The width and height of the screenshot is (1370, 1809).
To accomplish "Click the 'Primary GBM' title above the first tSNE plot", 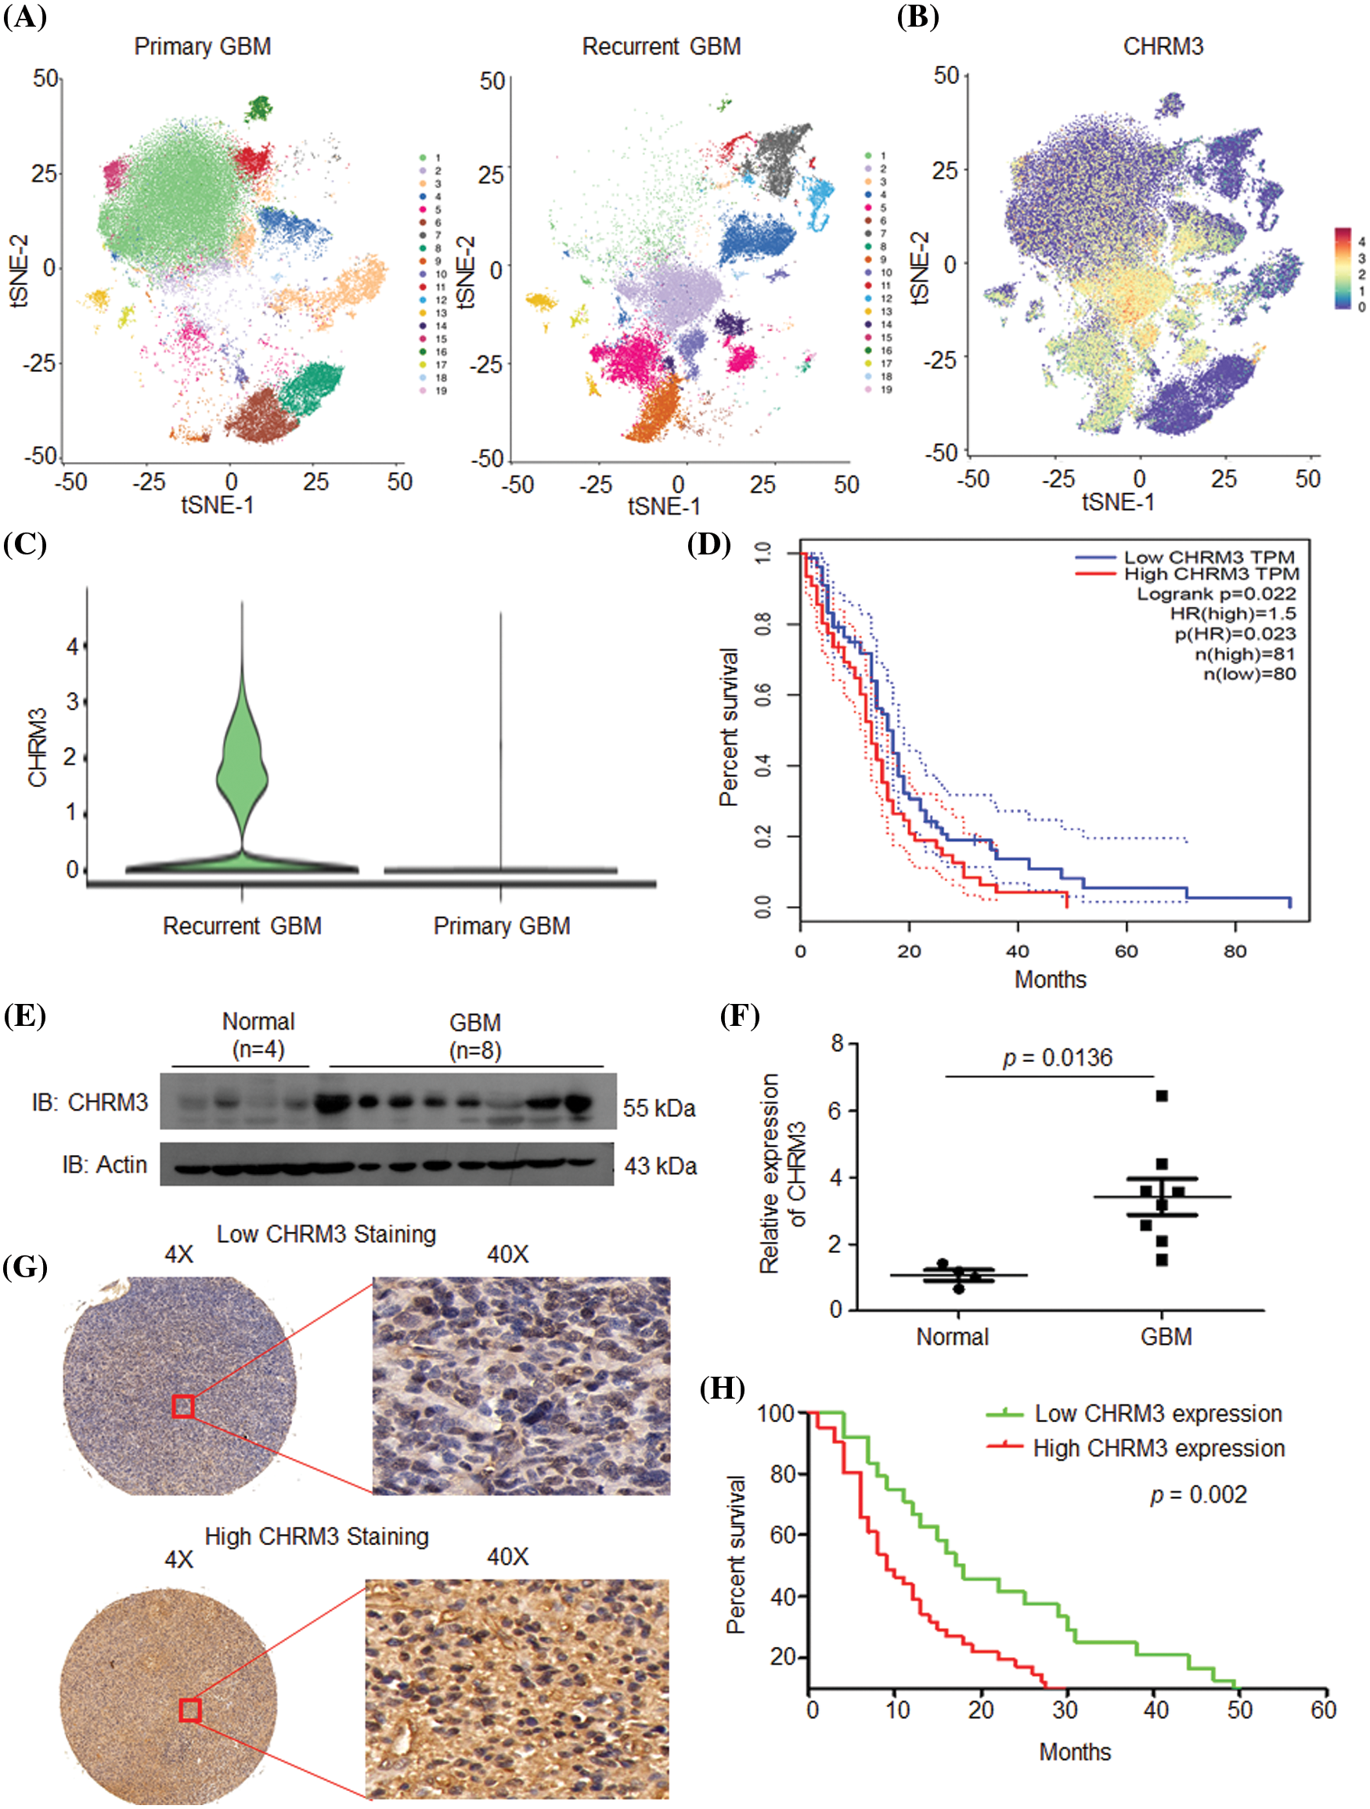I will (x=202, y=47).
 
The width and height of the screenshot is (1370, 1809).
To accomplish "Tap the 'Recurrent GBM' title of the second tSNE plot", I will (x=661, y=47).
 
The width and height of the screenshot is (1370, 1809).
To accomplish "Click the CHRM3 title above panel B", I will (x=1163, y=47).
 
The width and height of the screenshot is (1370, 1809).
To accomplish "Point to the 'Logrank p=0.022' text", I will (x=1216, y=594).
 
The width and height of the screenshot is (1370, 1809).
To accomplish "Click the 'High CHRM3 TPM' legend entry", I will (x=1210, y=574).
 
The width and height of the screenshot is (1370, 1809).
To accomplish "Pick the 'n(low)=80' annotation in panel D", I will (x=1249, y=674).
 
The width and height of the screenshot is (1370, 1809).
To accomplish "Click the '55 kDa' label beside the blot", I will (x=659, y=1108).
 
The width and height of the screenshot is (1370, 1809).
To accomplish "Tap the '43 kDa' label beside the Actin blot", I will (x=661, y=1165).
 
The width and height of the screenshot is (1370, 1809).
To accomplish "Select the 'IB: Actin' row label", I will (x=105, y=1164).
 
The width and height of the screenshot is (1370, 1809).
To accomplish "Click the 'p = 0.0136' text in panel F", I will (x=1057, y=1058).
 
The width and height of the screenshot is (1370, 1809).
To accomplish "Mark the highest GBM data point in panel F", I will (x=1162, y=1096).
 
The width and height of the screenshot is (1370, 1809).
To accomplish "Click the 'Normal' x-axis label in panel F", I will (x=952, y=1337).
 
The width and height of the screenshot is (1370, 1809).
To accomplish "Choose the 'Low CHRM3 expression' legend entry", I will (x=1158, y=1414).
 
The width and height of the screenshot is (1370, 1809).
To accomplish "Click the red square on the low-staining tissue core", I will (x=183, y=1406).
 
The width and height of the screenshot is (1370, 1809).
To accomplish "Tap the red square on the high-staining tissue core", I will (x=189, y=1710).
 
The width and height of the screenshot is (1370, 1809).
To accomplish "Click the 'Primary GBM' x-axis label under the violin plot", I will (x=501, y=926).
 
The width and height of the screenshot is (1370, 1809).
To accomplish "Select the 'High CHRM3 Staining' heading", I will (x=316, y=1536).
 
